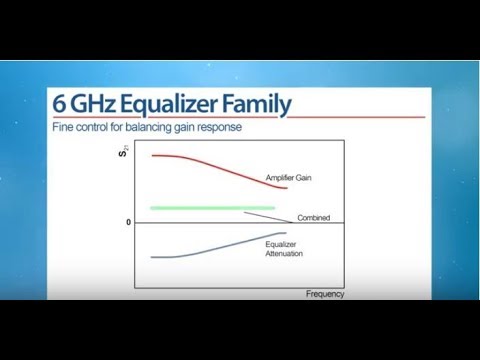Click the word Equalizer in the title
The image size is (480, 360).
pyautogui.click(x=177, y=105)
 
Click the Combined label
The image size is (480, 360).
pyautogui.click(x=313, y=218)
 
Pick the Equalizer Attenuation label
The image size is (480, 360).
pyautogui.click(x=284, y=249)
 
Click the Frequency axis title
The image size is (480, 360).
pyautogui.click(x=325, y=294)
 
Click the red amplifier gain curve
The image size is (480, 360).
pyautogui.click(x=220, y=167)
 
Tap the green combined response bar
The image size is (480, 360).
pyautogui.click(x=212, y=207)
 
